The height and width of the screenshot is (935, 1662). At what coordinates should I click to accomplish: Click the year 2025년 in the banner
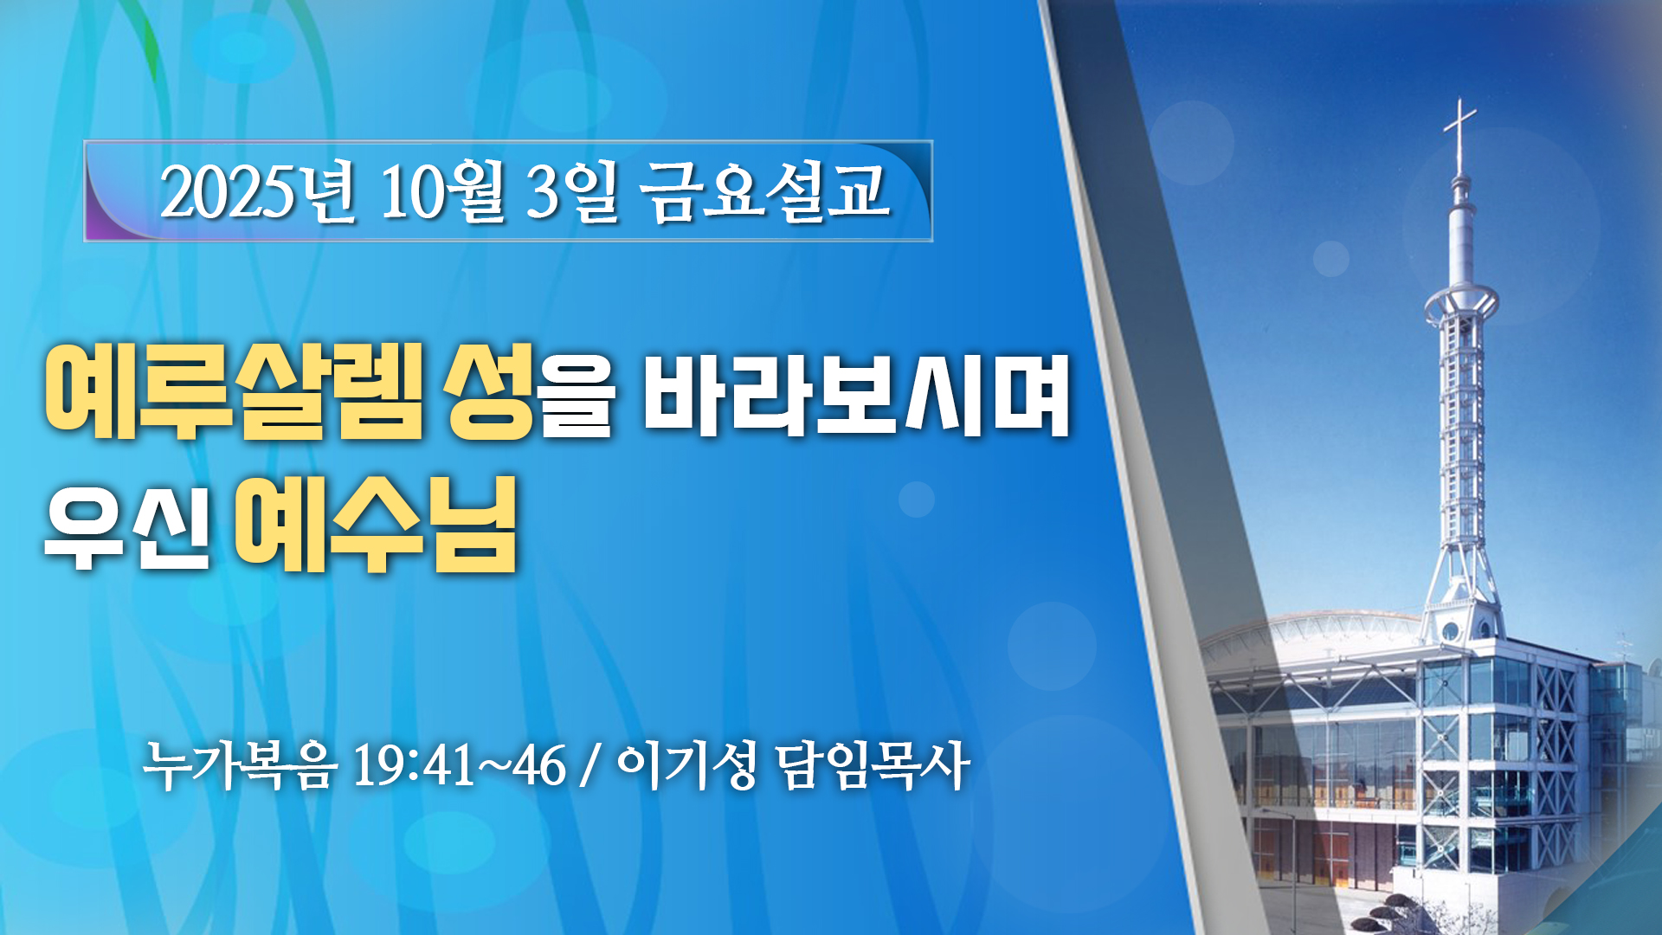[257, 191]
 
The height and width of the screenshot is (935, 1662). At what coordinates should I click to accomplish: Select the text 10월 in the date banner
[442, 191]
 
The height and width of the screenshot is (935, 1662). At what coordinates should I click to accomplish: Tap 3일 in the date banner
[572, 191]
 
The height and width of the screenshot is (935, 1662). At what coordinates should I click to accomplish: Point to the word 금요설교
[765, 191]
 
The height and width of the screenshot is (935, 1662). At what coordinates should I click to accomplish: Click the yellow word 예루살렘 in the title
[235, 391]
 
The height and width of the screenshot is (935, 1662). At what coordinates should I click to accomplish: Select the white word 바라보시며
[857, 393]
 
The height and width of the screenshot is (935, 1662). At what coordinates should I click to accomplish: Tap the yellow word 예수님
[376, 525]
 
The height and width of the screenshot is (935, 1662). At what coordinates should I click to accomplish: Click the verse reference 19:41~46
[460, 765]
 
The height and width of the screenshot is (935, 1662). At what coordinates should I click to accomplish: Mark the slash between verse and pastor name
[591, 765]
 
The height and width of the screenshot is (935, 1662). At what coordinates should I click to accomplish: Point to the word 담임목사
[872, 765]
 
